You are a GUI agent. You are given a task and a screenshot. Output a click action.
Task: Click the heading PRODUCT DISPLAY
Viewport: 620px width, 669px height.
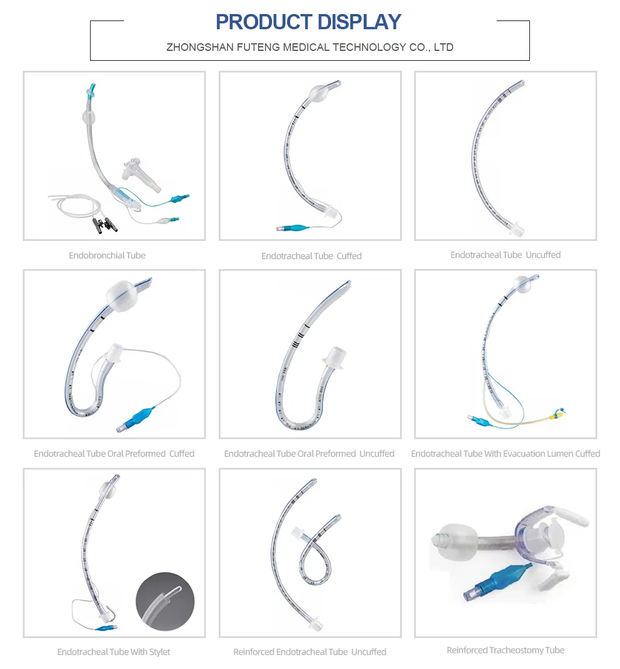click(x=309, y=22)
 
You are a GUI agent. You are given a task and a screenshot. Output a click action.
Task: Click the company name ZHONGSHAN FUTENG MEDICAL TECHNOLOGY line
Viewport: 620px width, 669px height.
click(x=309, y=47)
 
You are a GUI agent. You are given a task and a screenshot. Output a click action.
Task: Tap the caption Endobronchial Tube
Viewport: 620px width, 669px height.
click(x=107, y=256)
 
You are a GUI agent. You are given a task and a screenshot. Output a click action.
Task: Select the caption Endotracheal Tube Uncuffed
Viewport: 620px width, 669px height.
click(x=505, y=255)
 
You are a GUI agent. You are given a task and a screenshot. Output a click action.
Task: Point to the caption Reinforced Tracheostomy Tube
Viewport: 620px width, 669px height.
click(x=505, y=650)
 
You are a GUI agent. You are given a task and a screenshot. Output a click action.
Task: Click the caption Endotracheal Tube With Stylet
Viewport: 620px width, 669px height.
click(x=113, y=651)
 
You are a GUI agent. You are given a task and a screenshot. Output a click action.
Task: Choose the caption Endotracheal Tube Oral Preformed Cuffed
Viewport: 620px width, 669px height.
click(x=114, y=454)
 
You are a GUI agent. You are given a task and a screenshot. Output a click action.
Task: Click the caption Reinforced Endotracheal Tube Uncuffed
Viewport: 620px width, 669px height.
click(x=309, y=651)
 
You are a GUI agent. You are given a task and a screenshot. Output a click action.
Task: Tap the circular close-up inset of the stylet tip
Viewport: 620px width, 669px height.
click(x=165, y=601)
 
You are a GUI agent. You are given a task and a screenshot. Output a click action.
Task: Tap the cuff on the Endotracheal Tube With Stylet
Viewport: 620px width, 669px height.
click(x=108, y=486)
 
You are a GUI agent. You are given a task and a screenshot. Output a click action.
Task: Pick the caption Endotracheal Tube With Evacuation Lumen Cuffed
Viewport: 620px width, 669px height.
click(x=505, y=454)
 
